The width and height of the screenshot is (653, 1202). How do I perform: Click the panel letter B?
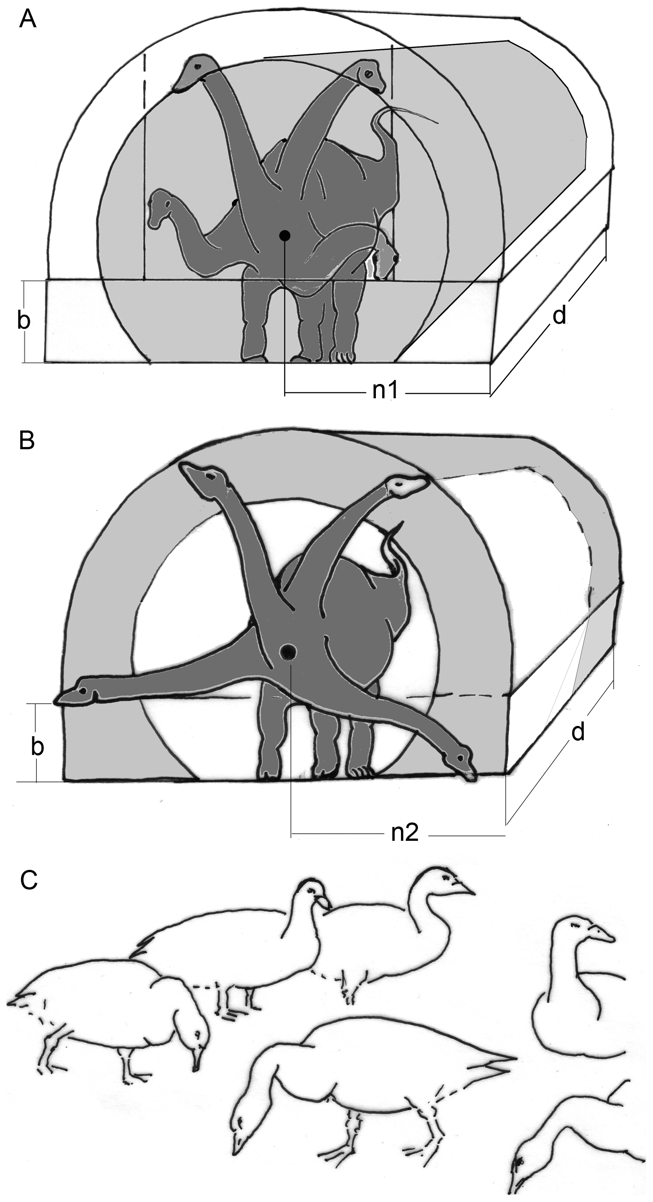tap(26, 440)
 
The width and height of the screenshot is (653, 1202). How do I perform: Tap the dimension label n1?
tap(385, 390)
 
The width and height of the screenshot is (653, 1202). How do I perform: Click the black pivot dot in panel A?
tap(285, 236)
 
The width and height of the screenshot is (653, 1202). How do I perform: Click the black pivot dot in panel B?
tap(287, 651)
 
